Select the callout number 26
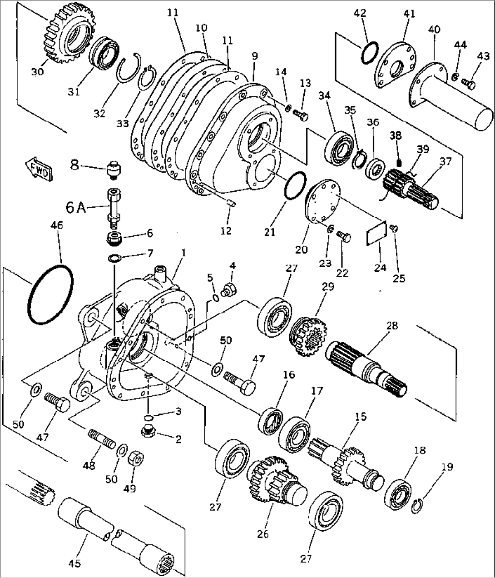[263, 534]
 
